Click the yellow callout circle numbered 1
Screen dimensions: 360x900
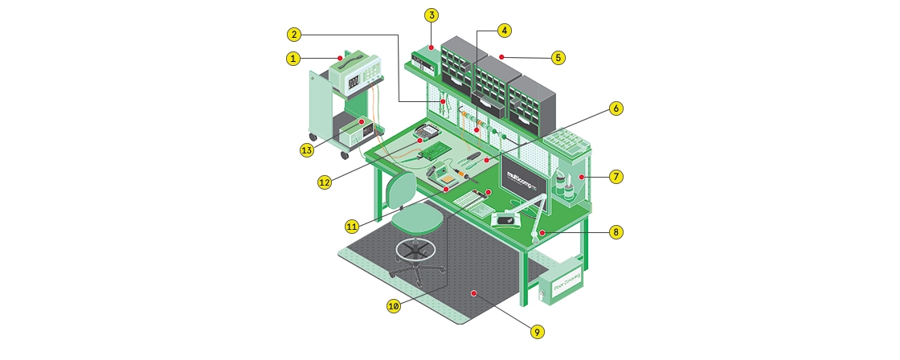[x=294, y=58]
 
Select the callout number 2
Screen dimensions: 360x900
[x=295, y=35]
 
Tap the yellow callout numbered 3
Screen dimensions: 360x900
[x=432, y=15]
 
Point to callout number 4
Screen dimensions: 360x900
[x=504, y=31]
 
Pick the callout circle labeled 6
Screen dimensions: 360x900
[x=616, y=108]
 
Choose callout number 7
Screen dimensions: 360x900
[x=616, y=176]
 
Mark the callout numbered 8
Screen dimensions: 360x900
[x=616, y=232]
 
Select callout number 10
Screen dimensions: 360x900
[x=393, y=306]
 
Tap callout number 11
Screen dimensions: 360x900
[x=352, y=227]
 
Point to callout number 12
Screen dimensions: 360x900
[x=324, y=182]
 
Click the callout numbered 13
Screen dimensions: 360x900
[x=306, y=149]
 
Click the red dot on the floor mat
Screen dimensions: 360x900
[x=476, y=293]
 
